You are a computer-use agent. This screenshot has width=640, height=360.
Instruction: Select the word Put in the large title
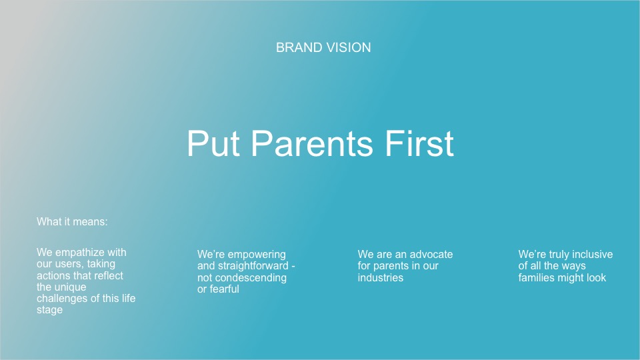pyautogui.click(x=213, y=144)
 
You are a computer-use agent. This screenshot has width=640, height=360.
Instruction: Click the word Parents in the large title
pyautogui.click(x=312, y=144)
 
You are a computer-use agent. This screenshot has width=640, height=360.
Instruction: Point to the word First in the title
pyautogui.click(x=419, y=144)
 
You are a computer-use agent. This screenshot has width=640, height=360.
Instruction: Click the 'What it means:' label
pyautogui.click(x=72, y=221)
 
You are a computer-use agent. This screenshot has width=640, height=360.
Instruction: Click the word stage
pyautogui.click(x=49, y=310)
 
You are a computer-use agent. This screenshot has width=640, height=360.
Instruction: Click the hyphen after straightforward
pyautogui.click(x=293, y=267)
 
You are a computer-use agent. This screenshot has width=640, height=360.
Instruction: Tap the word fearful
pyautogui.click(x=224, y=289)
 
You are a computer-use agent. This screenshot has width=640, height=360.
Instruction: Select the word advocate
pyautogui.click(x=431, y=254)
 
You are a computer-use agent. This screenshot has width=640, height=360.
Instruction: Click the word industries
pyautogui.click(x=381, y=278)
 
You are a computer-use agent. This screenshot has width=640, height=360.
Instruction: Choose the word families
pyautogui.click(x=537, y=278)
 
